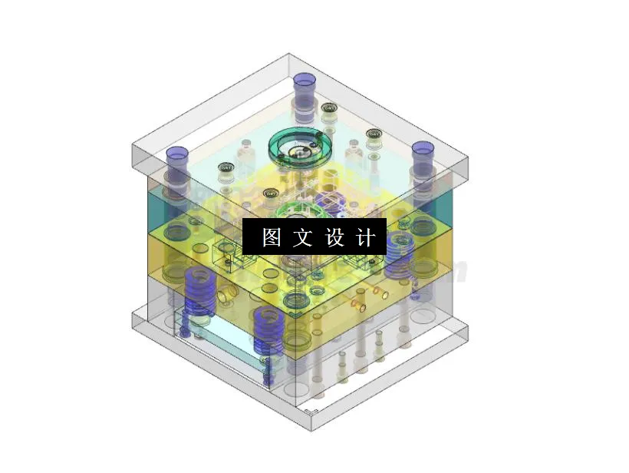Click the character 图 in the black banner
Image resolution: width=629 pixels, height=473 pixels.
(x=272, y=237)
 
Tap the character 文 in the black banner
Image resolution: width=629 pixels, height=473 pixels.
(x=304, y=237)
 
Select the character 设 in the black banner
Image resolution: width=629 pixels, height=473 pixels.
(x=336, y=237)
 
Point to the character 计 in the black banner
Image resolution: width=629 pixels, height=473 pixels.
(x=367, y=237)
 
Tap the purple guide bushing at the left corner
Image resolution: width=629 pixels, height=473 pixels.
(x=178, y=159)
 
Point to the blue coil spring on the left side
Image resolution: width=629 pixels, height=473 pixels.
(x=199, y=292)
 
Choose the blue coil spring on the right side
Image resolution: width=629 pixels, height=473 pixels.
(x=400, y=253)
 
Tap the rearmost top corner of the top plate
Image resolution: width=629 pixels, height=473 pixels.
(x=289, y=55)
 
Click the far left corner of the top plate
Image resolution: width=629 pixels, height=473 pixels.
(x=132, y=146)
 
